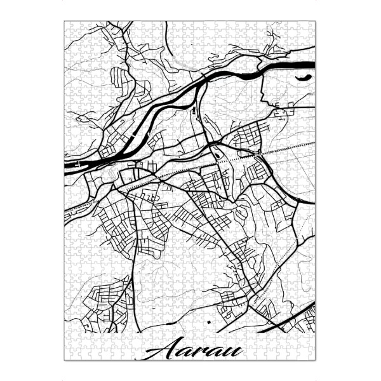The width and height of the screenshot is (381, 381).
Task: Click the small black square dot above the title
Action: pyautogui.click(x=208, y=324)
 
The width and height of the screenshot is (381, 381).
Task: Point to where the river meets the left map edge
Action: pyautogui.click(x=67, y=166)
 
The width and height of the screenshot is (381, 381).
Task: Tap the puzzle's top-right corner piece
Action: pyautogui.click(x=311, y=25)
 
